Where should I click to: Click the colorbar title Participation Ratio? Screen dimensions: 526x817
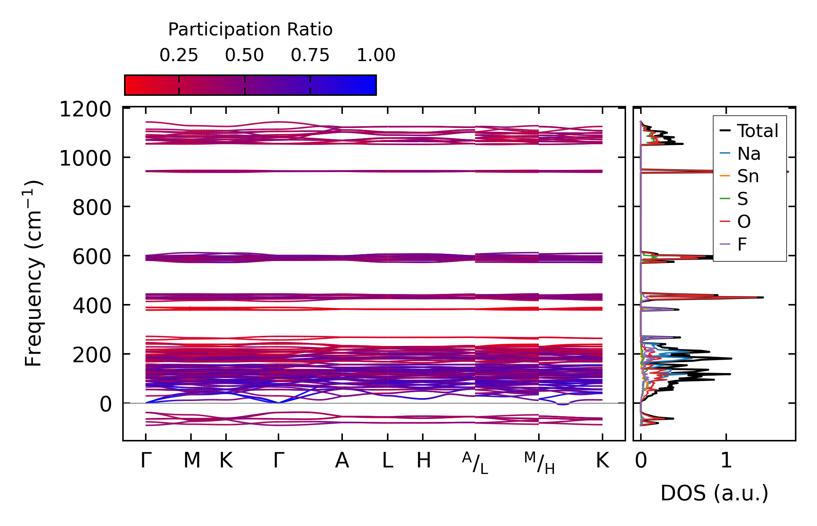(250, 30)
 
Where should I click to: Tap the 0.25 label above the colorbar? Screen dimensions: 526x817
(179, 55)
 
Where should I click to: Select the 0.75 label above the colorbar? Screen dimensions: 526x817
(310, 55)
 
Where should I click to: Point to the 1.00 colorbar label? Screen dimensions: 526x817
(376, 55)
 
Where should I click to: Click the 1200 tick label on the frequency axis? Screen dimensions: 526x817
(85, 109)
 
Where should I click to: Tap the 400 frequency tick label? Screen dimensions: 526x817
(92, 306)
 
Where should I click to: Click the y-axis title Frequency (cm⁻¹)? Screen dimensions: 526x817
(33, 273)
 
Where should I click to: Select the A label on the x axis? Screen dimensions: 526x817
(342, 461)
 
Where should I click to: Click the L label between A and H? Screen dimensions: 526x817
(387, 461)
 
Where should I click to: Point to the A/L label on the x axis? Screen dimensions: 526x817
(475, 463)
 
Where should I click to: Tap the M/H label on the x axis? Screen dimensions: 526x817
(539, 463)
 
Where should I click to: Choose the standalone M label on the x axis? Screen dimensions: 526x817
(191, 461)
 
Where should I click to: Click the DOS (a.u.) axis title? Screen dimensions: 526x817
(714, 493)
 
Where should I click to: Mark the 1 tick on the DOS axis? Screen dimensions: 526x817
(726, 461)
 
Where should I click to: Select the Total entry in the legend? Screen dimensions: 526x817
(757, 131)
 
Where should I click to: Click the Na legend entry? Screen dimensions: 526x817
(749, 154)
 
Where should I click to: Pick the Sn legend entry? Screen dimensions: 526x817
(748, 176)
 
